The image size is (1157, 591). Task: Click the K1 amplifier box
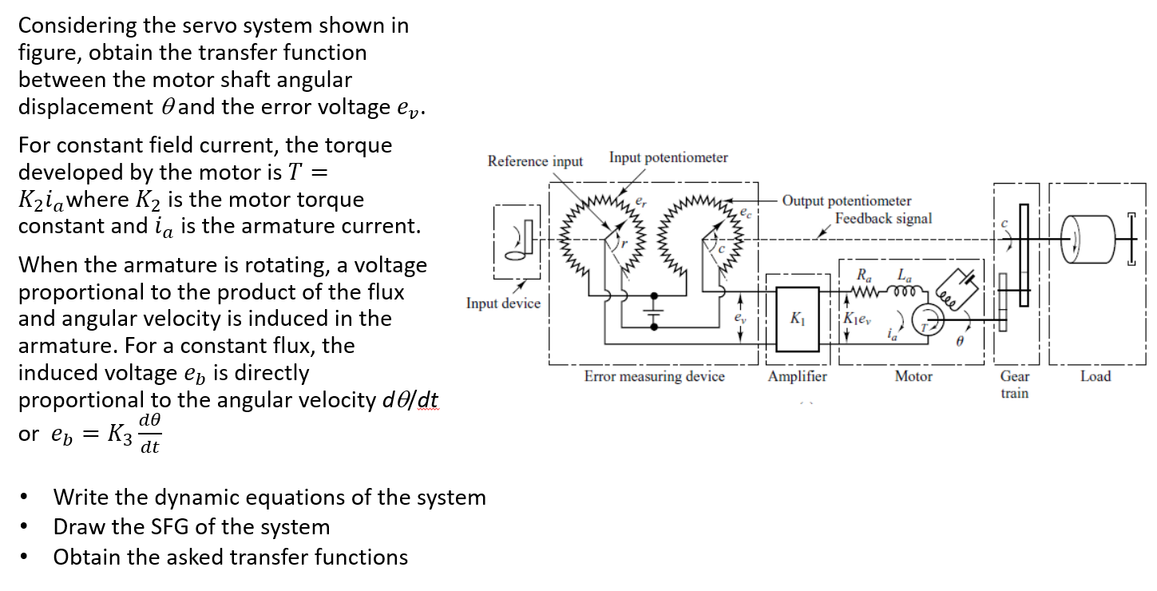[x=797, y=319]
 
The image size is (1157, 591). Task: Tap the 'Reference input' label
[x=535, y=161]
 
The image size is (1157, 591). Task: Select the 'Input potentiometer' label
[x=668, y=157]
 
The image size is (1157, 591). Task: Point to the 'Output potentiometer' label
[x=846, y=201]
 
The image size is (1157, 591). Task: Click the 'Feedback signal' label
[x=883, y=218]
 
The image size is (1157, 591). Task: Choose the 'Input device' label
[x=503, y=303]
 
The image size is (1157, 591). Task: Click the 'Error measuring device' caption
[x=654, y=376]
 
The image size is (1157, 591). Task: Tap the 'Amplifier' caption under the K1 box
[x=797, y=376]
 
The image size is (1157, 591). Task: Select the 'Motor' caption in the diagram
[x=913, y=376]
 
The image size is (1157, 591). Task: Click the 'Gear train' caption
[x=1014, y=384]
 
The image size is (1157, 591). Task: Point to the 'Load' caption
[x=1095, y=376]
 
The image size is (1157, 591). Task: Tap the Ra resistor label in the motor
[x=864, y=276]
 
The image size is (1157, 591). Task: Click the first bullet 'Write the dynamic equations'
[x=269, y=498]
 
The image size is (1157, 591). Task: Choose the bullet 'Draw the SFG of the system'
[x=191, y=527]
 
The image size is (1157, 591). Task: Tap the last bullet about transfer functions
[x=230, y=557]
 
